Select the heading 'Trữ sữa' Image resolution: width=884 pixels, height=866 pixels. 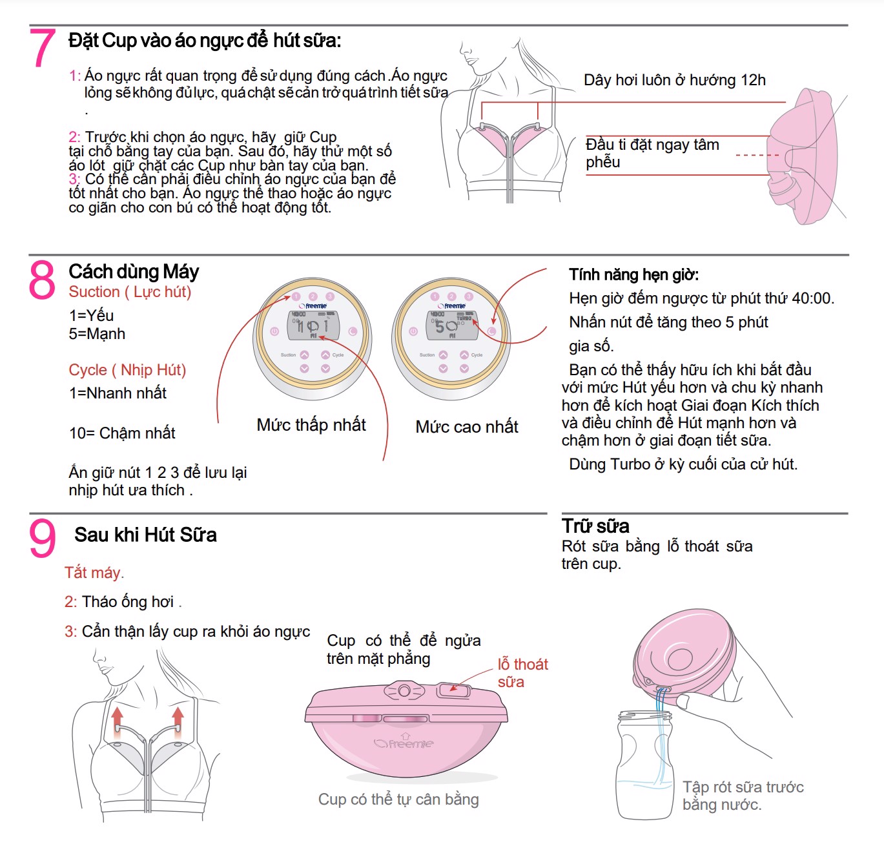click(x=595, y=526)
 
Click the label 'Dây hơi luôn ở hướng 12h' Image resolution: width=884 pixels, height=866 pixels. click(x=674, y=80)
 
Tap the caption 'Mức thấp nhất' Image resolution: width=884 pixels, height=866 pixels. click(x=311, y=425)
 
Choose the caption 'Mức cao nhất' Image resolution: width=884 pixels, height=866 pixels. click(x=467, y=427)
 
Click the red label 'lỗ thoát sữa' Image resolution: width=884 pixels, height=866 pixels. click(x=522, y=673)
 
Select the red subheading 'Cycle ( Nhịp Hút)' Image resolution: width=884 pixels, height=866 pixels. click(x=127, y=370)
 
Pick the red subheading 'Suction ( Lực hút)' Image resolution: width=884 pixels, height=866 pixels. click(x=130, y=292)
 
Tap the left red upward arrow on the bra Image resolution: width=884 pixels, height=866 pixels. click(x=117, y=719)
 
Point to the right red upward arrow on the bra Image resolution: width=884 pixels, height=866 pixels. click(x=178, y=719)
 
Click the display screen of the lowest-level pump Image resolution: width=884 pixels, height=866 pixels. click(x=313, y=325)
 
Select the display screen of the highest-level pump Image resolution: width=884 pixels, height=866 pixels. click(x=452, y=325)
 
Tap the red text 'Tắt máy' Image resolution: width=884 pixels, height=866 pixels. click(x=94, y=573)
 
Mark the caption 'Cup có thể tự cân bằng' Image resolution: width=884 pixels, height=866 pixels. click(x=398, y=799)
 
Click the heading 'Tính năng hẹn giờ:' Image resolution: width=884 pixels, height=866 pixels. click(x=633, y=274)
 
